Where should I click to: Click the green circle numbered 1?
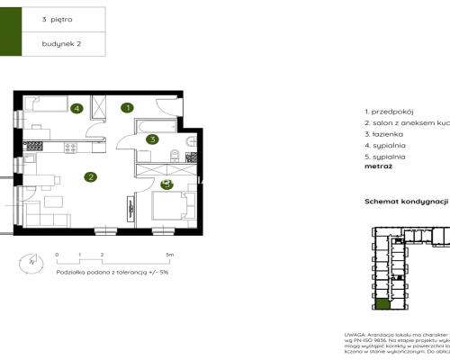[x=128, y=108]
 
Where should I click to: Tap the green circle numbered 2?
[x=90, y=177]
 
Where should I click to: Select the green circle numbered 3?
[x=153, y=139]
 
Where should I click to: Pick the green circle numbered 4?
[x=77, y=109]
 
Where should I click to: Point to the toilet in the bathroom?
[x=190, y=143]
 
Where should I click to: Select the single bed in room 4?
[x=45, y=107]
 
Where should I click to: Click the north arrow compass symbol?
[x=32, y=263]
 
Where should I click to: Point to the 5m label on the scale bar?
[x=168, y=256]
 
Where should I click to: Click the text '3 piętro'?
[x=55, y=19]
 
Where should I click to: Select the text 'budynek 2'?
[x=58, y=43]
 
